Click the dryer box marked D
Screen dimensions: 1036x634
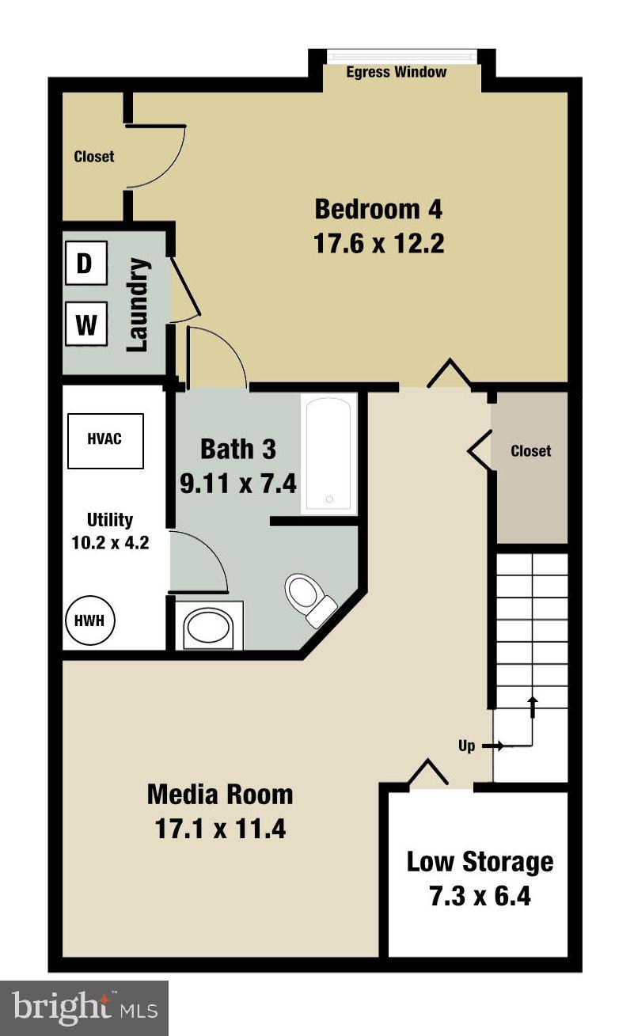85,264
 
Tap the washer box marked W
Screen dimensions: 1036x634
85,324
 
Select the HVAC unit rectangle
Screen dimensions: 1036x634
105,440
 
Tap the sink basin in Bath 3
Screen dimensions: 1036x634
207,628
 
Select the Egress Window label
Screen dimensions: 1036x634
397,73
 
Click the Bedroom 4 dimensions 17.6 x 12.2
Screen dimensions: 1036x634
379,243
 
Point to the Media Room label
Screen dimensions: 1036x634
220,794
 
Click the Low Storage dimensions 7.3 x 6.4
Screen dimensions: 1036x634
480,897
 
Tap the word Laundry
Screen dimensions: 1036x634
139,305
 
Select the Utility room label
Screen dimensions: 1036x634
110,520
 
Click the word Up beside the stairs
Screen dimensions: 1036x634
467,746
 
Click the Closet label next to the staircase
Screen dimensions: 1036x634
530,451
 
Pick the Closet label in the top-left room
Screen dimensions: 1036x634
94,157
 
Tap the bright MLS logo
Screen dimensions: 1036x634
84,1008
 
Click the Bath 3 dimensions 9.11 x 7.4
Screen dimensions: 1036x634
238,483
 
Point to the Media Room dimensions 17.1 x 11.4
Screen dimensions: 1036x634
219,829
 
